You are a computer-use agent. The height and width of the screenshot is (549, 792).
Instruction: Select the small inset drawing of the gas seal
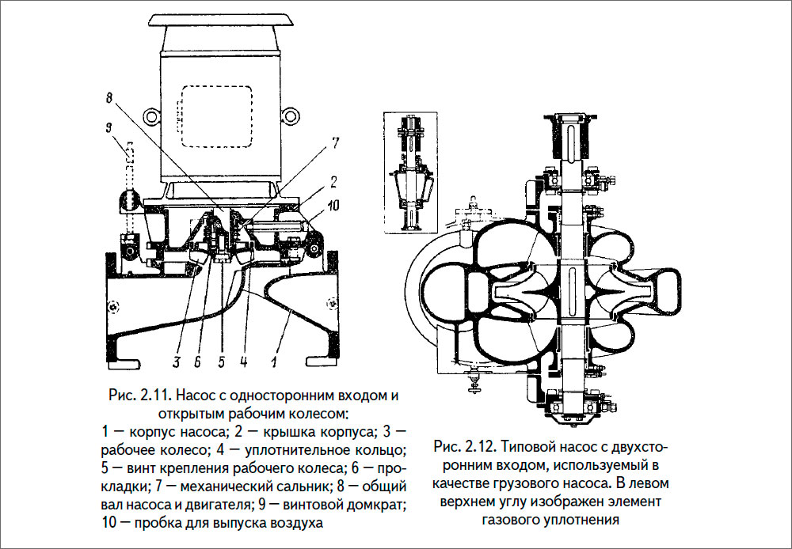(x=415, y=172)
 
